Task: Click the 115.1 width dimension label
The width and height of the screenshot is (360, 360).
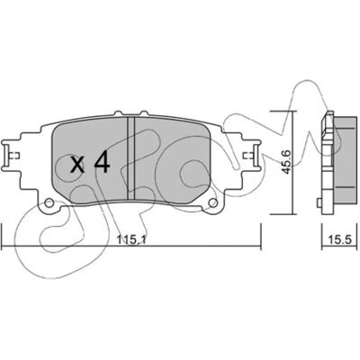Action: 131,239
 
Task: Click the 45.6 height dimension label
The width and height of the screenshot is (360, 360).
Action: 286,162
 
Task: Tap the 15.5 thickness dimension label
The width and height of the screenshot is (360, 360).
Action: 339,239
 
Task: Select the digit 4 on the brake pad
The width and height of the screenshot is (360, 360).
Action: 102,163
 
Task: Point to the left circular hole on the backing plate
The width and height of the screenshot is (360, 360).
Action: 49,203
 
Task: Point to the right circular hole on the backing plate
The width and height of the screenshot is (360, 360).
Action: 212,203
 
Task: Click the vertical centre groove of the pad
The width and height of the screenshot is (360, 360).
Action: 130,157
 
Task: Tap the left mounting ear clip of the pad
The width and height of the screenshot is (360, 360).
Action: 9,156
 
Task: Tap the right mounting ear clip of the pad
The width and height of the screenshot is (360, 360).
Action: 253,156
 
